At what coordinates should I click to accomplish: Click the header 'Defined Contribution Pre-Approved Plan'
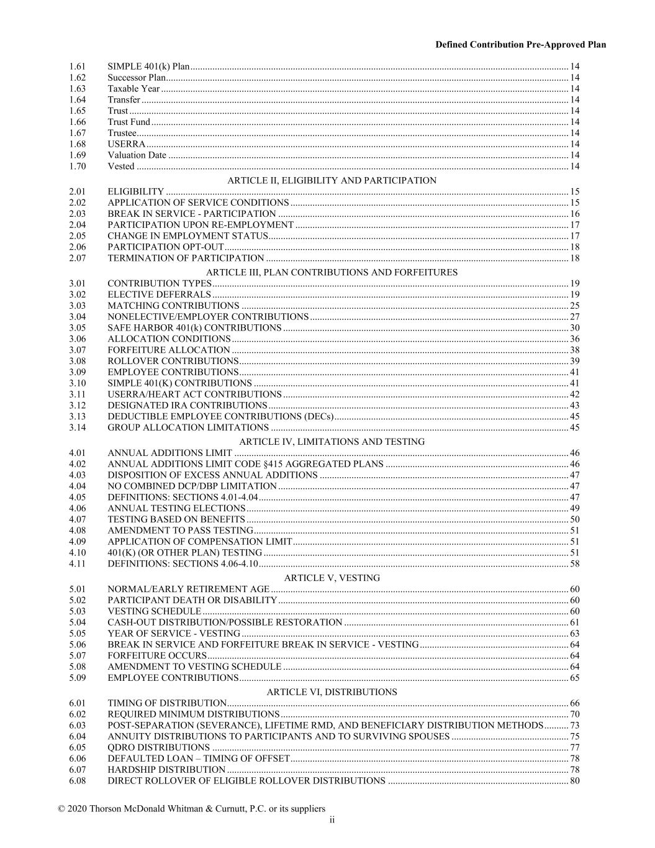520,45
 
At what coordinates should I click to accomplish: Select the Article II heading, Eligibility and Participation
332,180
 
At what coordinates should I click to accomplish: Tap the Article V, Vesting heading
332,578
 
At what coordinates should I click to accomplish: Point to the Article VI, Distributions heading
332,691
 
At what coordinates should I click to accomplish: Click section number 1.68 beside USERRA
78,144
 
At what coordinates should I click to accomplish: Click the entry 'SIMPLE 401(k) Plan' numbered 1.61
148,66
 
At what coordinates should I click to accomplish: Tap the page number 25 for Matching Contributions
574,306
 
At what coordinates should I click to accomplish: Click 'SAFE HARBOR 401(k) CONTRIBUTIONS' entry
194,328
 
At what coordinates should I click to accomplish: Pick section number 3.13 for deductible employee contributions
78,416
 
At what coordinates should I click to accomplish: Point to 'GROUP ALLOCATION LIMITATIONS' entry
188,427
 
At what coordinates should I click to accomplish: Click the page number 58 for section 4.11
574,563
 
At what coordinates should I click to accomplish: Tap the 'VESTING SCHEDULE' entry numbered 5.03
154,611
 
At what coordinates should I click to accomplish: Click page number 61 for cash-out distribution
574,622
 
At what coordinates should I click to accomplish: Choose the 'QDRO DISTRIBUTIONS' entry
158,747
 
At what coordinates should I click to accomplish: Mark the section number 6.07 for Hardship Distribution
78,770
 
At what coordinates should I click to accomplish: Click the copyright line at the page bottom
191,808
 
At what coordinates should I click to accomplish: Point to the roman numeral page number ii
332,820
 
